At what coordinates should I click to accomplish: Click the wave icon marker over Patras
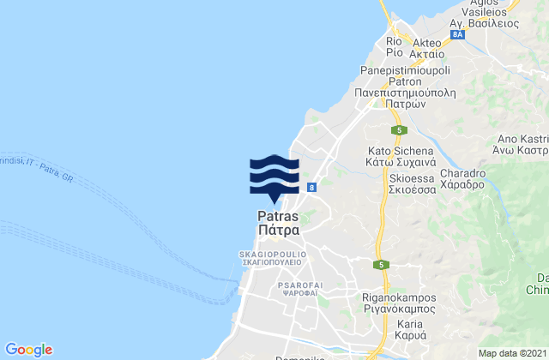point(274,177)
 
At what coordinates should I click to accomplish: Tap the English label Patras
point(275,217)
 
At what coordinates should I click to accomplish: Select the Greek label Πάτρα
point(275,231)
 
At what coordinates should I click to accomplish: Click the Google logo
point(29,349)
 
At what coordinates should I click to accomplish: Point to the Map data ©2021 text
point(510,352)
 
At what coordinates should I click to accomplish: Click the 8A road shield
point(459,34)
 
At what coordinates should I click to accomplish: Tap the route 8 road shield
point(311,187)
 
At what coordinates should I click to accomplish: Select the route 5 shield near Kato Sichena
point(400,130)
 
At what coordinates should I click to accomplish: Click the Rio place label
point(395,41)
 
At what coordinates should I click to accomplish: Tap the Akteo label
point(426,41)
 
